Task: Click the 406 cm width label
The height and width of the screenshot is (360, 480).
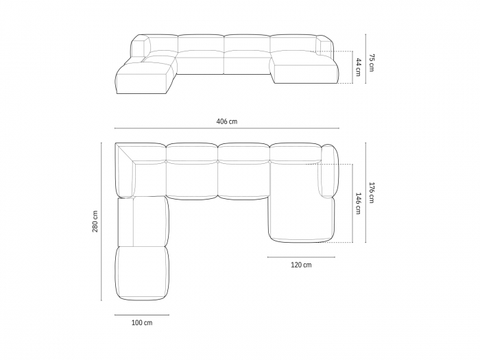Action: point(226,121)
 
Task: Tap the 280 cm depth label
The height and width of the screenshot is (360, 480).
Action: point(95,221)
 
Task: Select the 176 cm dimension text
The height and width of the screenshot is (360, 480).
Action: point(371,193)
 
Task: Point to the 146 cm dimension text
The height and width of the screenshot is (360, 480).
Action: point(357,204)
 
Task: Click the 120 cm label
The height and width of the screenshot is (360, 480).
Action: point(300,265)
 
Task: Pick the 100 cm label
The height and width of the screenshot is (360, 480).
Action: point(142,322)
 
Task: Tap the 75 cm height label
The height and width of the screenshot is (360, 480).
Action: point(371,62)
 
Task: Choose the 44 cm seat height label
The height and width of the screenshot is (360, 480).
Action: point(357,67)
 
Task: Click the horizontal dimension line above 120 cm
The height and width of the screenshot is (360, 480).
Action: point(300,257)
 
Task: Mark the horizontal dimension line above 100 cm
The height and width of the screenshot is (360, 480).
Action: point(142,315)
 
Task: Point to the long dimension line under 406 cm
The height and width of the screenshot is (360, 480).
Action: point(226,129)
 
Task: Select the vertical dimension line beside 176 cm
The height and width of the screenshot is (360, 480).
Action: point(365,193)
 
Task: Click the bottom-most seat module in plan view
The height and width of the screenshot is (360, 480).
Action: point(142,273)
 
